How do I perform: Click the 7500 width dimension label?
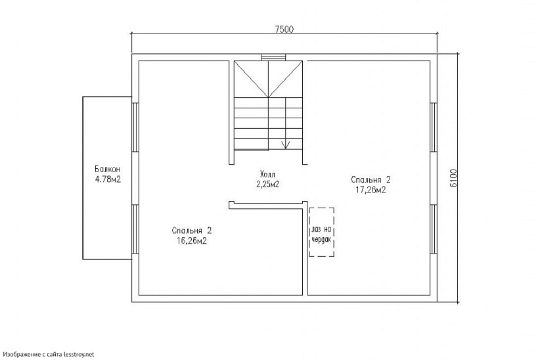[x=284, y=30]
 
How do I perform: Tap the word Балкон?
[x=108, y=169]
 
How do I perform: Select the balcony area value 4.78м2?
[x=108, y=179]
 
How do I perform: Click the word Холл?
[x=268, y=173]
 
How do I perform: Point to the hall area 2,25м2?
[x=267, y=184]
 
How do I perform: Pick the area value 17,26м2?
[x=371, y=190]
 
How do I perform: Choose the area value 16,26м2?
[x=191, y=240]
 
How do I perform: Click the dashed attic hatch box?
[x=322, y=208]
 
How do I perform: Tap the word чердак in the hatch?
[x=321, y=239]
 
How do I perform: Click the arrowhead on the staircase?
[x=286, y=145]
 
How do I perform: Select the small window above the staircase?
[x=273, y=57]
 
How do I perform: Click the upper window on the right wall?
[x=434, y=127]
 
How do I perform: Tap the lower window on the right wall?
[x=434, y=229]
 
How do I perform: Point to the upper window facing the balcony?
[x=135, y=127]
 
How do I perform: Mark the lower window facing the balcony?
[x=135, y=229]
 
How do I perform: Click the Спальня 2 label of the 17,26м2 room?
[x=371, y=180]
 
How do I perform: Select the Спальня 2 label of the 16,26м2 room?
[x=191, y=230]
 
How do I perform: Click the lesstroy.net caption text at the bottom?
[x=47, y=354]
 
